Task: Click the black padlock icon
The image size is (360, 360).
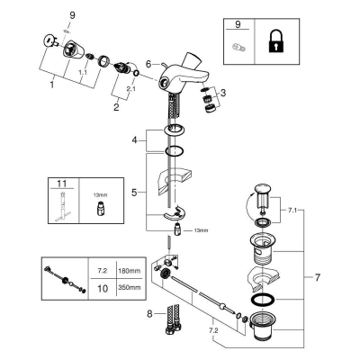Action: (x=276, y=43)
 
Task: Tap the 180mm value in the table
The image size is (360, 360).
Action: (x=129, y=271)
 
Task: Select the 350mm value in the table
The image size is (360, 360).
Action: (x=129, y=287)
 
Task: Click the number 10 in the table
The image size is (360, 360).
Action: (x=103, y=288)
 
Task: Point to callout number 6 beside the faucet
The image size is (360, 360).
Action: (x=149, y=64)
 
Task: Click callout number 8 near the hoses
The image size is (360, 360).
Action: (x=149, y=314)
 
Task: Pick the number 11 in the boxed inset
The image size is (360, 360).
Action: (x=61, y=184)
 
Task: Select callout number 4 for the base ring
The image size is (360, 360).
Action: (x=135, y=140)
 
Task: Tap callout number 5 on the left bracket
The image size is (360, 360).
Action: (x=134, y=193)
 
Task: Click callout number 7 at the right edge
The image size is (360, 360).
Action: (x=318, y=277)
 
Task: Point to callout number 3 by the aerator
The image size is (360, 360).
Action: (x=223, y=93)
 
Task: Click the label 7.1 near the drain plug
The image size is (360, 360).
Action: (x=292, y=211)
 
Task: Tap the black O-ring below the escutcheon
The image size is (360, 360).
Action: (x=175, y=150)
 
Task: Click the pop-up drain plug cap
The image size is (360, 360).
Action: (x=263, y=190)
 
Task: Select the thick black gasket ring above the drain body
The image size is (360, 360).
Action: (x=263, y=300)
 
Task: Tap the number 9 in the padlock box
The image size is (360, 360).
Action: (x=238, y=24)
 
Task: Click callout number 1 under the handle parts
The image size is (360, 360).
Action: (x=52, y=85)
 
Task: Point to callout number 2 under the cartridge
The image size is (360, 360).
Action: (x=116, y=107)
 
